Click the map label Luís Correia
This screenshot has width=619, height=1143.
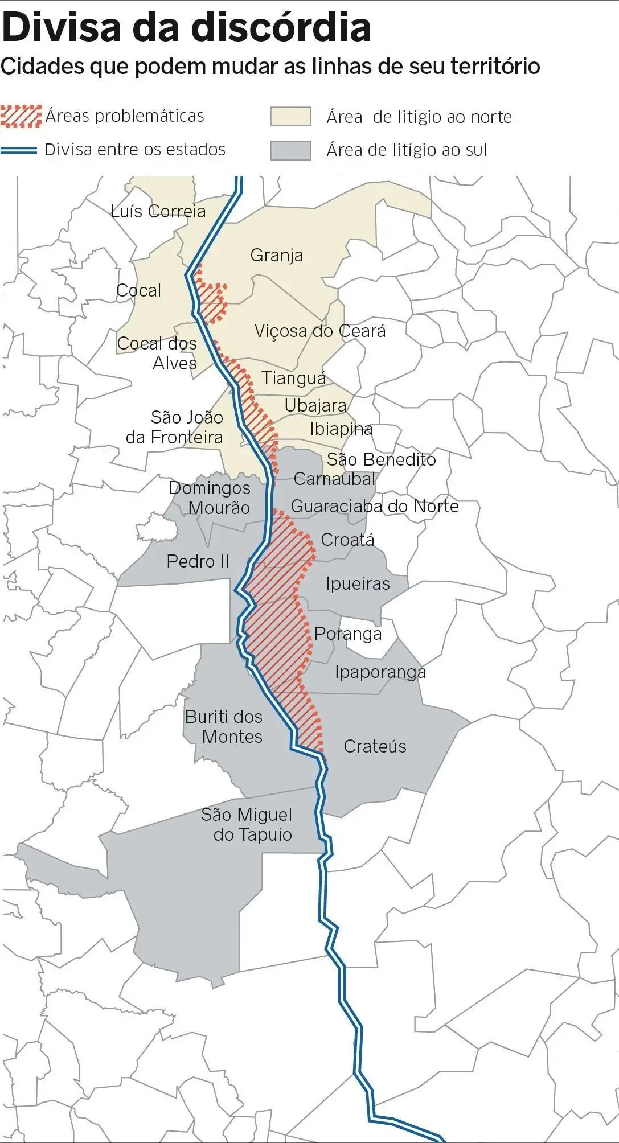click(158, 211)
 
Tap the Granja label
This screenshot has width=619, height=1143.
click(277, 255)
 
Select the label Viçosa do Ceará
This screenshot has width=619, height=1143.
click(320, 331)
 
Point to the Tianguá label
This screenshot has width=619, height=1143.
click(294, 378)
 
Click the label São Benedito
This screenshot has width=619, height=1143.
click(381, 459)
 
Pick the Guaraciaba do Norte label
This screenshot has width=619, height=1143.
click(375, 506)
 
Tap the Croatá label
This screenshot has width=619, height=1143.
click(347, 540)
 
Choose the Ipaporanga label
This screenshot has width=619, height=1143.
click(380, 672)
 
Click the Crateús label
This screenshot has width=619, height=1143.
click(375, 746)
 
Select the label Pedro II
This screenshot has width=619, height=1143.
click(198, 561)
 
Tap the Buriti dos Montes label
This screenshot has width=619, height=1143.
click(224, 727)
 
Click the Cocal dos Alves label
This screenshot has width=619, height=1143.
click(158, 353)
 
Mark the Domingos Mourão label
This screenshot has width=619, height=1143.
click(210, 498)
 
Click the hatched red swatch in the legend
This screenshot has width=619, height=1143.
click(21, 116)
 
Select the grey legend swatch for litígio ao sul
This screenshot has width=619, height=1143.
click(290, 150)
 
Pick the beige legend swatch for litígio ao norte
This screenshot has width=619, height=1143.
click(290, 116)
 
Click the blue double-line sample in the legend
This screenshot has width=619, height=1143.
click(19, 150)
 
